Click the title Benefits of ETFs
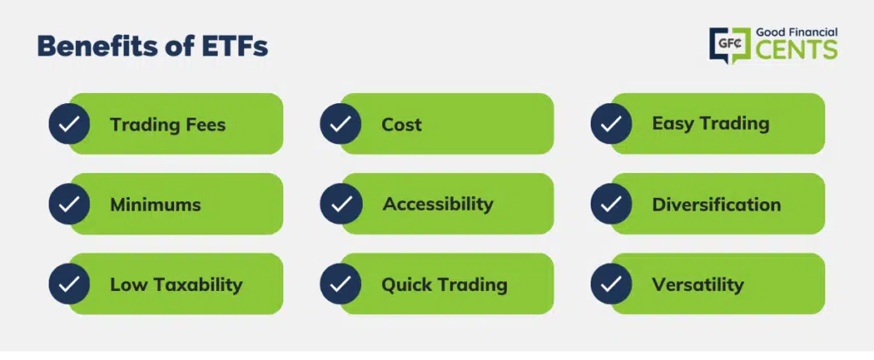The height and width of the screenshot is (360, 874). pyautogui.click(x=153, y=47)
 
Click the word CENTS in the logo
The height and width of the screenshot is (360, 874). pyautogui.click(x=796, y=50)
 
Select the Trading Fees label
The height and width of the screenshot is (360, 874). pyautogui.click(x=168, y=125)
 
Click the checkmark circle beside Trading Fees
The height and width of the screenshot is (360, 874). pyautogui.click(x=69, y=124)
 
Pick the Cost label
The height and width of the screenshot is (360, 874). pyautogui.click(x=401, y=125)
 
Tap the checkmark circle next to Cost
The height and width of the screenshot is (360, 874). pyautogui.click(x=341, y=124)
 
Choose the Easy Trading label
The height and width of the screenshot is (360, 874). pyautogui.click(x=711, y=124)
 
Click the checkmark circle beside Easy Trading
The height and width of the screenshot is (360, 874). pyautogui.click(x=611, y=124)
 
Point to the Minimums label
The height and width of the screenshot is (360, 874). pyautogui.click(x=155, y=205)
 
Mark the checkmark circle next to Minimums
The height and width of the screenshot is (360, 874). pyautogui.click(x=69, y=204)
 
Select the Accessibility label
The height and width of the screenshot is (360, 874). pyautogui.click(x=438, y=205)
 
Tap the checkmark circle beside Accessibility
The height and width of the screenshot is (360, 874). pyautogui.click(x=341, y=204)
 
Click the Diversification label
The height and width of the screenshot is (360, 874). pyautogui.click(x=716, y=205)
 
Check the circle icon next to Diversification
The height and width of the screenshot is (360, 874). pyautogui.click(x=611, y=204)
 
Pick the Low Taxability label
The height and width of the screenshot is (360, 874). pyautogui.click(x=176, y=285)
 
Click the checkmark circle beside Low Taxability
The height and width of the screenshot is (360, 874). pyautogui.click(x=69, y=284)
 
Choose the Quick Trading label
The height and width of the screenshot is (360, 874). pyautogui.click(x=444, y=285)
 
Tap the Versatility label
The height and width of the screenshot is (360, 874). pyautogui.click(x=698, y=285)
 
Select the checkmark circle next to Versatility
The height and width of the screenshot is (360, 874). pyautogui.click(x=611, y=284)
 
